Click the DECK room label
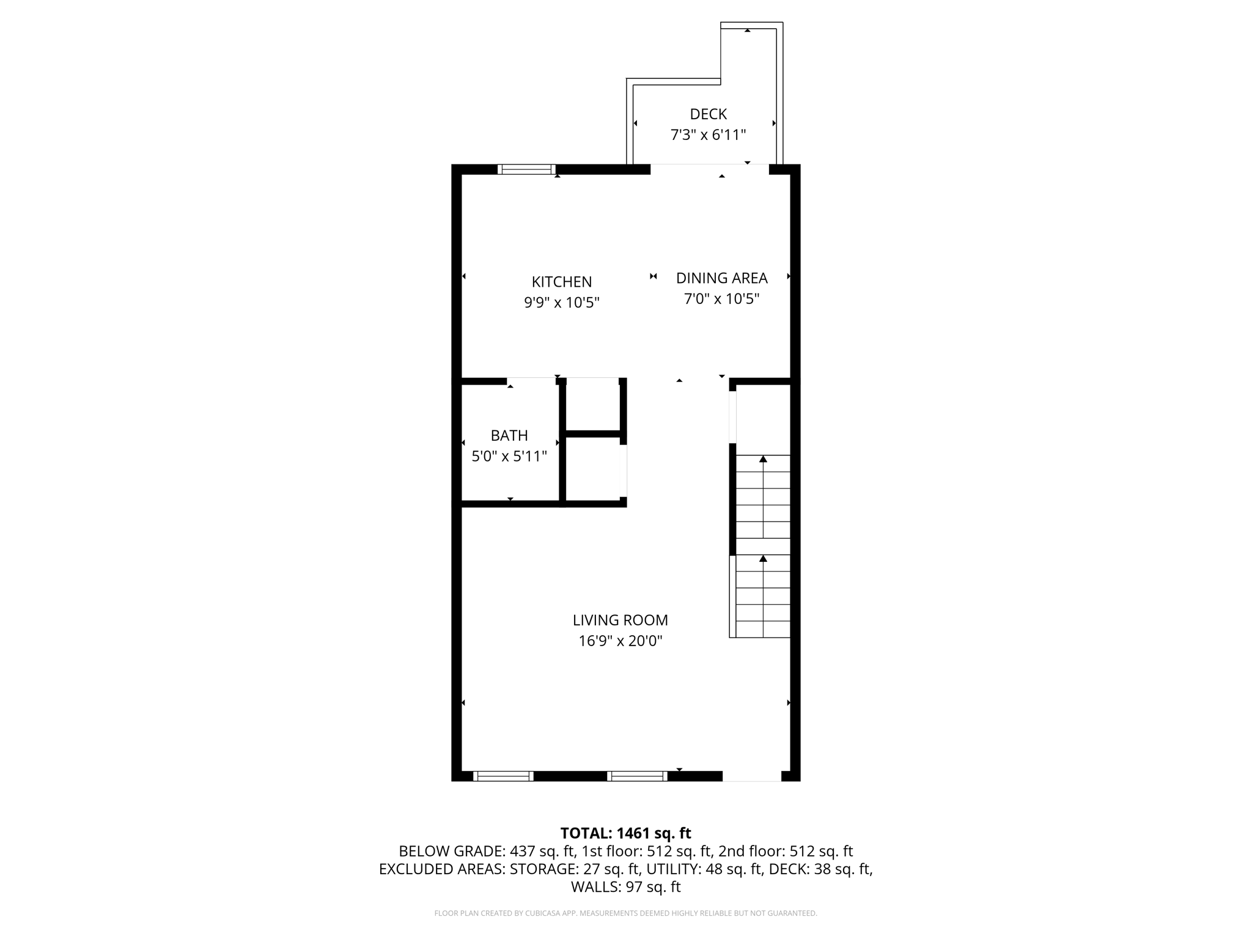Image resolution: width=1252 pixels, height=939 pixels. [x=708, y=114]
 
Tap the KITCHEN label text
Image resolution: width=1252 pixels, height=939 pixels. [x=561, y=282]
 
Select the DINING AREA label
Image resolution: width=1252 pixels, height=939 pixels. [x=721, y=278]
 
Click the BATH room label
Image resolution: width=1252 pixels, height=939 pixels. [x=509, y=435]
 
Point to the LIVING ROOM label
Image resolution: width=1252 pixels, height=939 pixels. [x=620, y=620]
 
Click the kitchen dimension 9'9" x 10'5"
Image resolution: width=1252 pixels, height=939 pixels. [x=561, y=303]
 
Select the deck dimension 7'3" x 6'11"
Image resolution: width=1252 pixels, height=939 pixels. [x=708, y=135]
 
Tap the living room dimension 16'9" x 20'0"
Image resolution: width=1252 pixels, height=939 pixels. [x=620, y=641]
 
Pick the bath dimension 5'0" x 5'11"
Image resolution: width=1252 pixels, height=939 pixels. [x=509, y=457]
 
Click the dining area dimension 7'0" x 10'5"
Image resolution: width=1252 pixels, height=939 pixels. [x=721, y=299]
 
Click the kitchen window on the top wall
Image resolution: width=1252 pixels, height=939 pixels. [x=526, y=169]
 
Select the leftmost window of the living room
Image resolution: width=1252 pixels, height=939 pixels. [x=503, y=776]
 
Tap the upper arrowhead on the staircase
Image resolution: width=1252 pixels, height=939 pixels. [x=763, y=459]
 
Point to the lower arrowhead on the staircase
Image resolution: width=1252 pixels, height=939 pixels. [x=763, y=559]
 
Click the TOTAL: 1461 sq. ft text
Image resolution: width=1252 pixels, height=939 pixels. [x=625, y=833]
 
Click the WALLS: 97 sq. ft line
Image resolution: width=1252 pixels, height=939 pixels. [x=625, y=886]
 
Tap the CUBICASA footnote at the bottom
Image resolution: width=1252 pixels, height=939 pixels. [x=625, y=913]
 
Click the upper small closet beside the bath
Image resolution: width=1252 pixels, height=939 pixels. [x=592, y=405]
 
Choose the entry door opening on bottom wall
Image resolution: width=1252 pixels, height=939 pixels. [x=752, y=776]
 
